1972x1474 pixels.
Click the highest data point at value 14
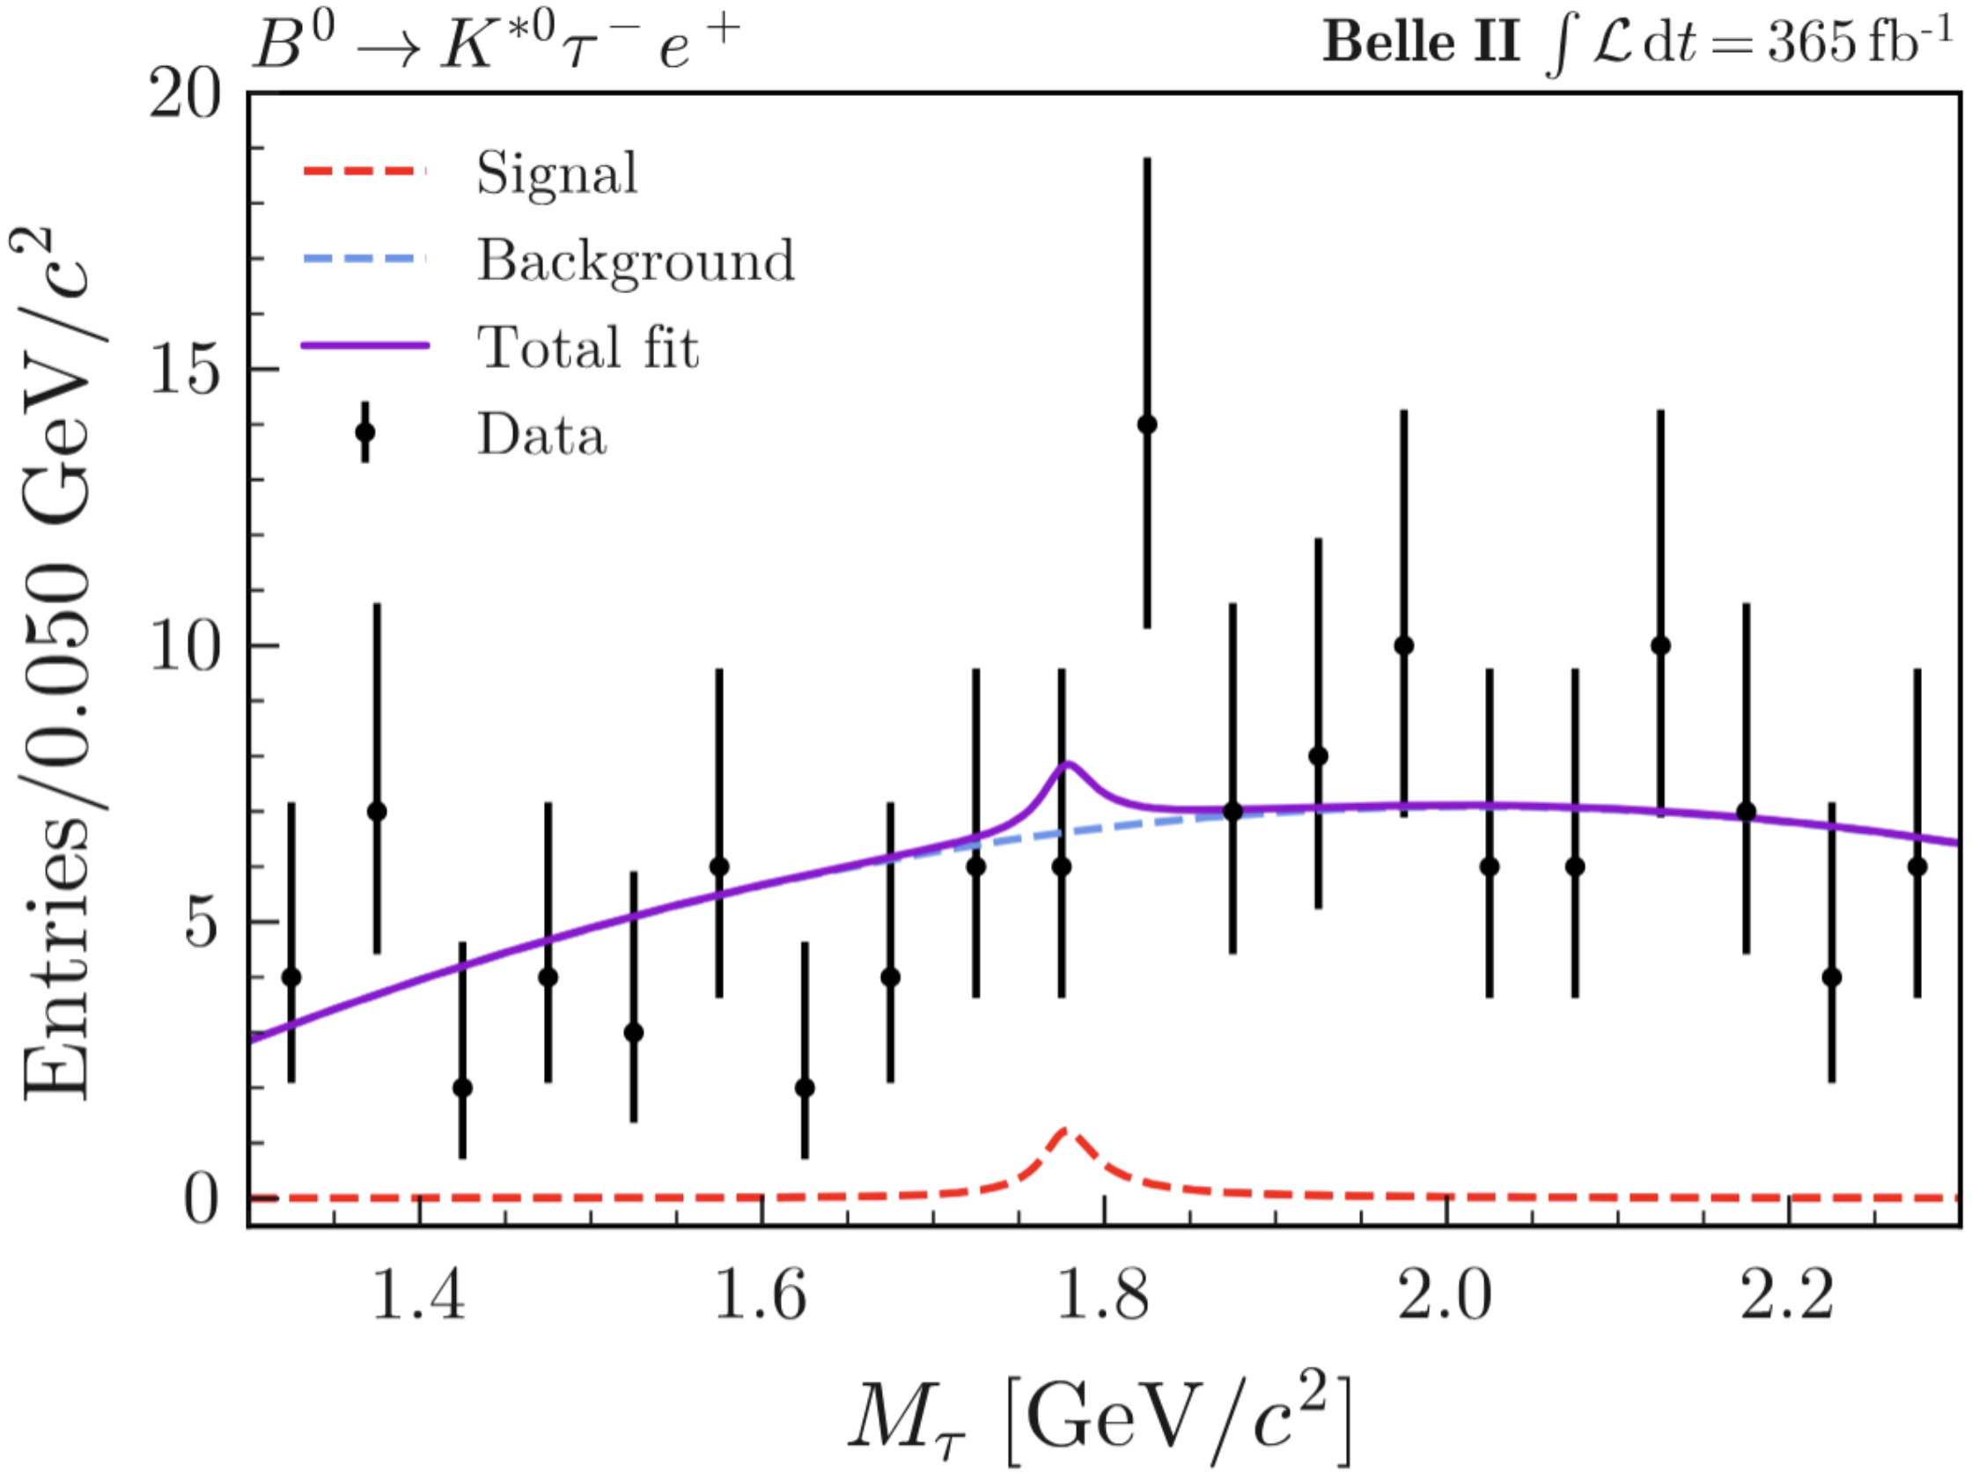coord(1147,424)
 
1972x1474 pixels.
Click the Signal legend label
coord(557,173)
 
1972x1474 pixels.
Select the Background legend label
coord(636,261)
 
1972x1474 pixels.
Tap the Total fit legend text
coord(587,347)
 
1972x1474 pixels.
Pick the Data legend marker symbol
coord(364,432)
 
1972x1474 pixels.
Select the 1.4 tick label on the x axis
coord(418,1294)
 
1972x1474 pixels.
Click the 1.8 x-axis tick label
coord(1103,1294)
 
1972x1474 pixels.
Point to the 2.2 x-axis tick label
coord(1787,1294)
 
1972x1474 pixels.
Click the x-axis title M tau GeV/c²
coord(1101,1418)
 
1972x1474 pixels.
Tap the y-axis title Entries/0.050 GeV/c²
coord(58,664)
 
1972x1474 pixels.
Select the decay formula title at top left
coord(496,45)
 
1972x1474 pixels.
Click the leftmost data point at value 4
coord(291,977)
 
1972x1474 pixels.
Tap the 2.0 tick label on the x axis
coord(1446,1294)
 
